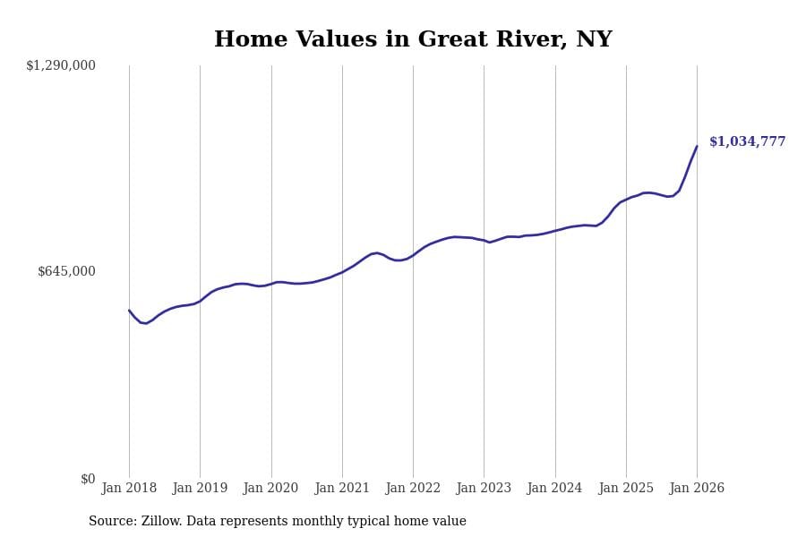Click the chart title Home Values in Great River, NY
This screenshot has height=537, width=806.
[x=413, y=40]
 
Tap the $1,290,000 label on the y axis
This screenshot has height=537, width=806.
[x=61, y=65]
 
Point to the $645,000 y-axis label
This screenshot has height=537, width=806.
[x=66, y=271]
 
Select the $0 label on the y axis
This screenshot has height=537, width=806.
[x=88, y=479]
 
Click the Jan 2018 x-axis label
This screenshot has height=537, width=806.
[x=129, y=488]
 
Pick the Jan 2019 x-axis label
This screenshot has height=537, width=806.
[x=200, y=488]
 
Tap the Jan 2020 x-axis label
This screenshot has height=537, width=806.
[x=270, y=488]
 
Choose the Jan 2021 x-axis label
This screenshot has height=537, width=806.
[x=342, y=488]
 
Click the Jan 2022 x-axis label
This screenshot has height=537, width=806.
[x=413, y=488]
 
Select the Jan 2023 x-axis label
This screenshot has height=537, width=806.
[x=484, y=488]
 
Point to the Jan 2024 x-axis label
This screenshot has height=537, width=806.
[x=555, y=488]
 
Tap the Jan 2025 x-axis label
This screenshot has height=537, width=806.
[x=626, y=488]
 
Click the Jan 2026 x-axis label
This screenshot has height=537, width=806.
[x=697, y=488]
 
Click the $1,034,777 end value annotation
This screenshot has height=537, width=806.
[x=747, y=141]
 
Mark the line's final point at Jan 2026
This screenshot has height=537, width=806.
[x=697, y=147]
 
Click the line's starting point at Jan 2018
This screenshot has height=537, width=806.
[x=129, y=311]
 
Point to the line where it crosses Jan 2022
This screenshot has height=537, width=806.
[x=413, y=254]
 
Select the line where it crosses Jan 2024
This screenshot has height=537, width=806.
[x=555, y=230]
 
